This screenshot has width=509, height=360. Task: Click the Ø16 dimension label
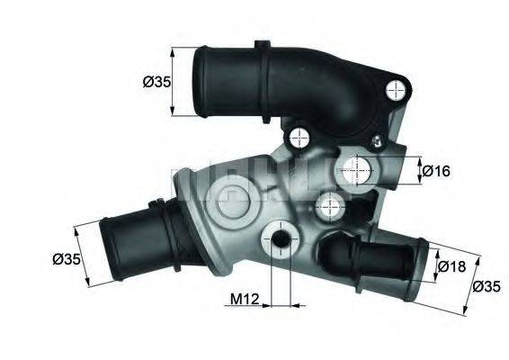click(437, 169)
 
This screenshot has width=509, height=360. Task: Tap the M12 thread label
click(243, 299)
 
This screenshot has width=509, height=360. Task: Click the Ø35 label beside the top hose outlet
click(156, 83)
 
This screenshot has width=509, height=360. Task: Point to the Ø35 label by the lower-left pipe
click(67, 259)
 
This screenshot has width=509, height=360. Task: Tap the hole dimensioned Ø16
click(358, 166)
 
